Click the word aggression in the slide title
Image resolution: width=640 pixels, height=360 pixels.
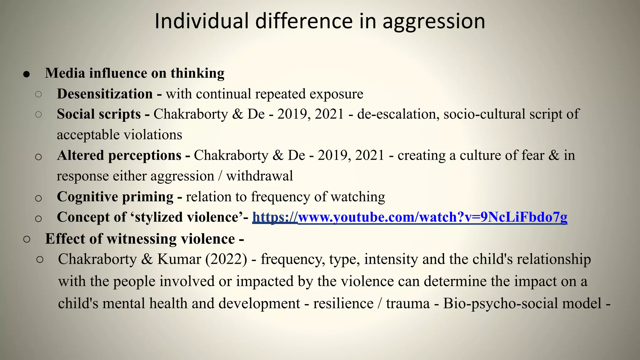[x=434, y=22]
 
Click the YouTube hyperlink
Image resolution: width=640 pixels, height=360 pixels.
[x=410, y=217]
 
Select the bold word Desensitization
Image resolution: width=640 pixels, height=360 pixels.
[x=105, y=94]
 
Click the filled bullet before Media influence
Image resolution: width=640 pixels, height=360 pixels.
[x=27, y=74]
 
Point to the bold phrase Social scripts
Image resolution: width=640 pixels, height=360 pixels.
[x=99, y=114]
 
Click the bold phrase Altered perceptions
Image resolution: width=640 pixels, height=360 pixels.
[x=119, y=156]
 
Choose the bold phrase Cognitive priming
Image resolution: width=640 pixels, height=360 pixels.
[x=115, y=197]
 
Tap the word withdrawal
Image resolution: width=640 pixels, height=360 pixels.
[x=259, y=176]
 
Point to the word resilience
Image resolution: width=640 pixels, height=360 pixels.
[x=343, y=303]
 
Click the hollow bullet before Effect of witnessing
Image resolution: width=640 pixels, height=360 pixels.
[x=27, y=239]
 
